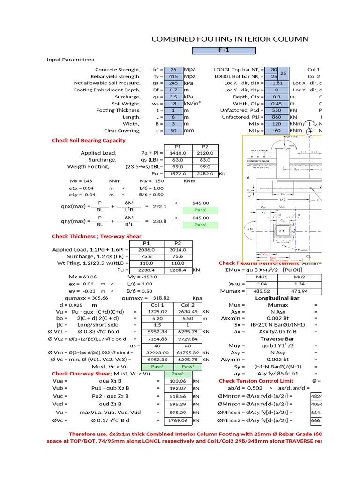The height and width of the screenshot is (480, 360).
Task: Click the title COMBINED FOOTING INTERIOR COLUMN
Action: point(230,39)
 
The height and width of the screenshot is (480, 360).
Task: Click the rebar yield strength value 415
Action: point(173,76)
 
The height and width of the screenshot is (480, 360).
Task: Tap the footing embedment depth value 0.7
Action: point(173,90)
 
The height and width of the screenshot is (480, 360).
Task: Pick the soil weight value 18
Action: point(173,103)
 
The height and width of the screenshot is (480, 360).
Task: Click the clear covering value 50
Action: point(173,131)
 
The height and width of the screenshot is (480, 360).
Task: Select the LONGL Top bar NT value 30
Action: point(274,69)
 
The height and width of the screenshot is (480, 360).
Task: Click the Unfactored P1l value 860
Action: point(277,117)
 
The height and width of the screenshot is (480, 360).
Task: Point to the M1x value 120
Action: point(277,124)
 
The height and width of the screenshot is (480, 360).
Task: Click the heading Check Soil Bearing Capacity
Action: point(89,140)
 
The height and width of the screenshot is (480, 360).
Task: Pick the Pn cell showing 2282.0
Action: point(204,173)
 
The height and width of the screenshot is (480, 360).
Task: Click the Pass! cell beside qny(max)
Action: point(201,225)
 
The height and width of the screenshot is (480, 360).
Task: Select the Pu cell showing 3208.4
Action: point(178,270)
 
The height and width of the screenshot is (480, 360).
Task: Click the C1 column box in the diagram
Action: point(283,231)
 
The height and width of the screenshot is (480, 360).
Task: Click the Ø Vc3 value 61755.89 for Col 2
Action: point(187,352)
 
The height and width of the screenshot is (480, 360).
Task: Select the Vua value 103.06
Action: point(178,381)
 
